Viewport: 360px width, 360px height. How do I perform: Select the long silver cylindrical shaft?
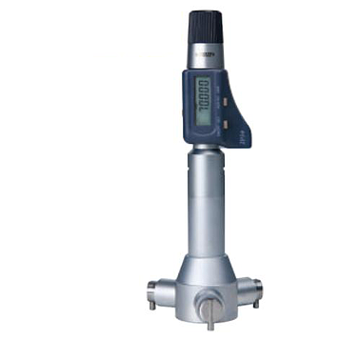tap(207, 205)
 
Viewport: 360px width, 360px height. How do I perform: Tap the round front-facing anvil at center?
tap(209, 306)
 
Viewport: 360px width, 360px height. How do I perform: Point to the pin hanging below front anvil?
tap(210, 323)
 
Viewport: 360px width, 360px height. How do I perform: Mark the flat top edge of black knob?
tap(205, 12)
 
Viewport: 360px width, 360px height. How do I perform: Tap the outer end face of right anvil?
tap(261, 285)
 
